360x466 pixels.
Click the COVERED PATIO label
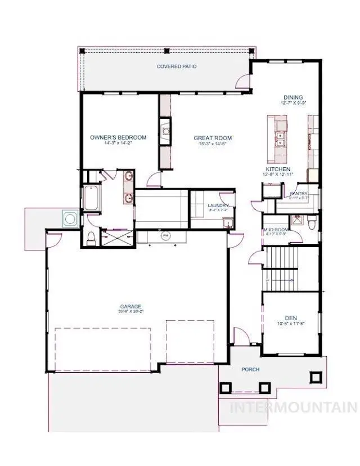tap(177, 66)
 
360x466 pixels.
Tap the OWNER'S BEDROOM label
tap(118, 137)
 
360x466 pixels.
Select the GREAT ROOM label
tap(213, 138)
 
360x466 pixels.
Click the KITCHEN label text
tap(278, 169)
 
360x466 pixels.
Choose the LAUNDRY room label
tap(218, 206)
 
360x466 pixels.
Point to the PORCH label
tap(250, 370)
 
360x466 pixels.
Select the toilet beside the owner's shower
tap(91, 238)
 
